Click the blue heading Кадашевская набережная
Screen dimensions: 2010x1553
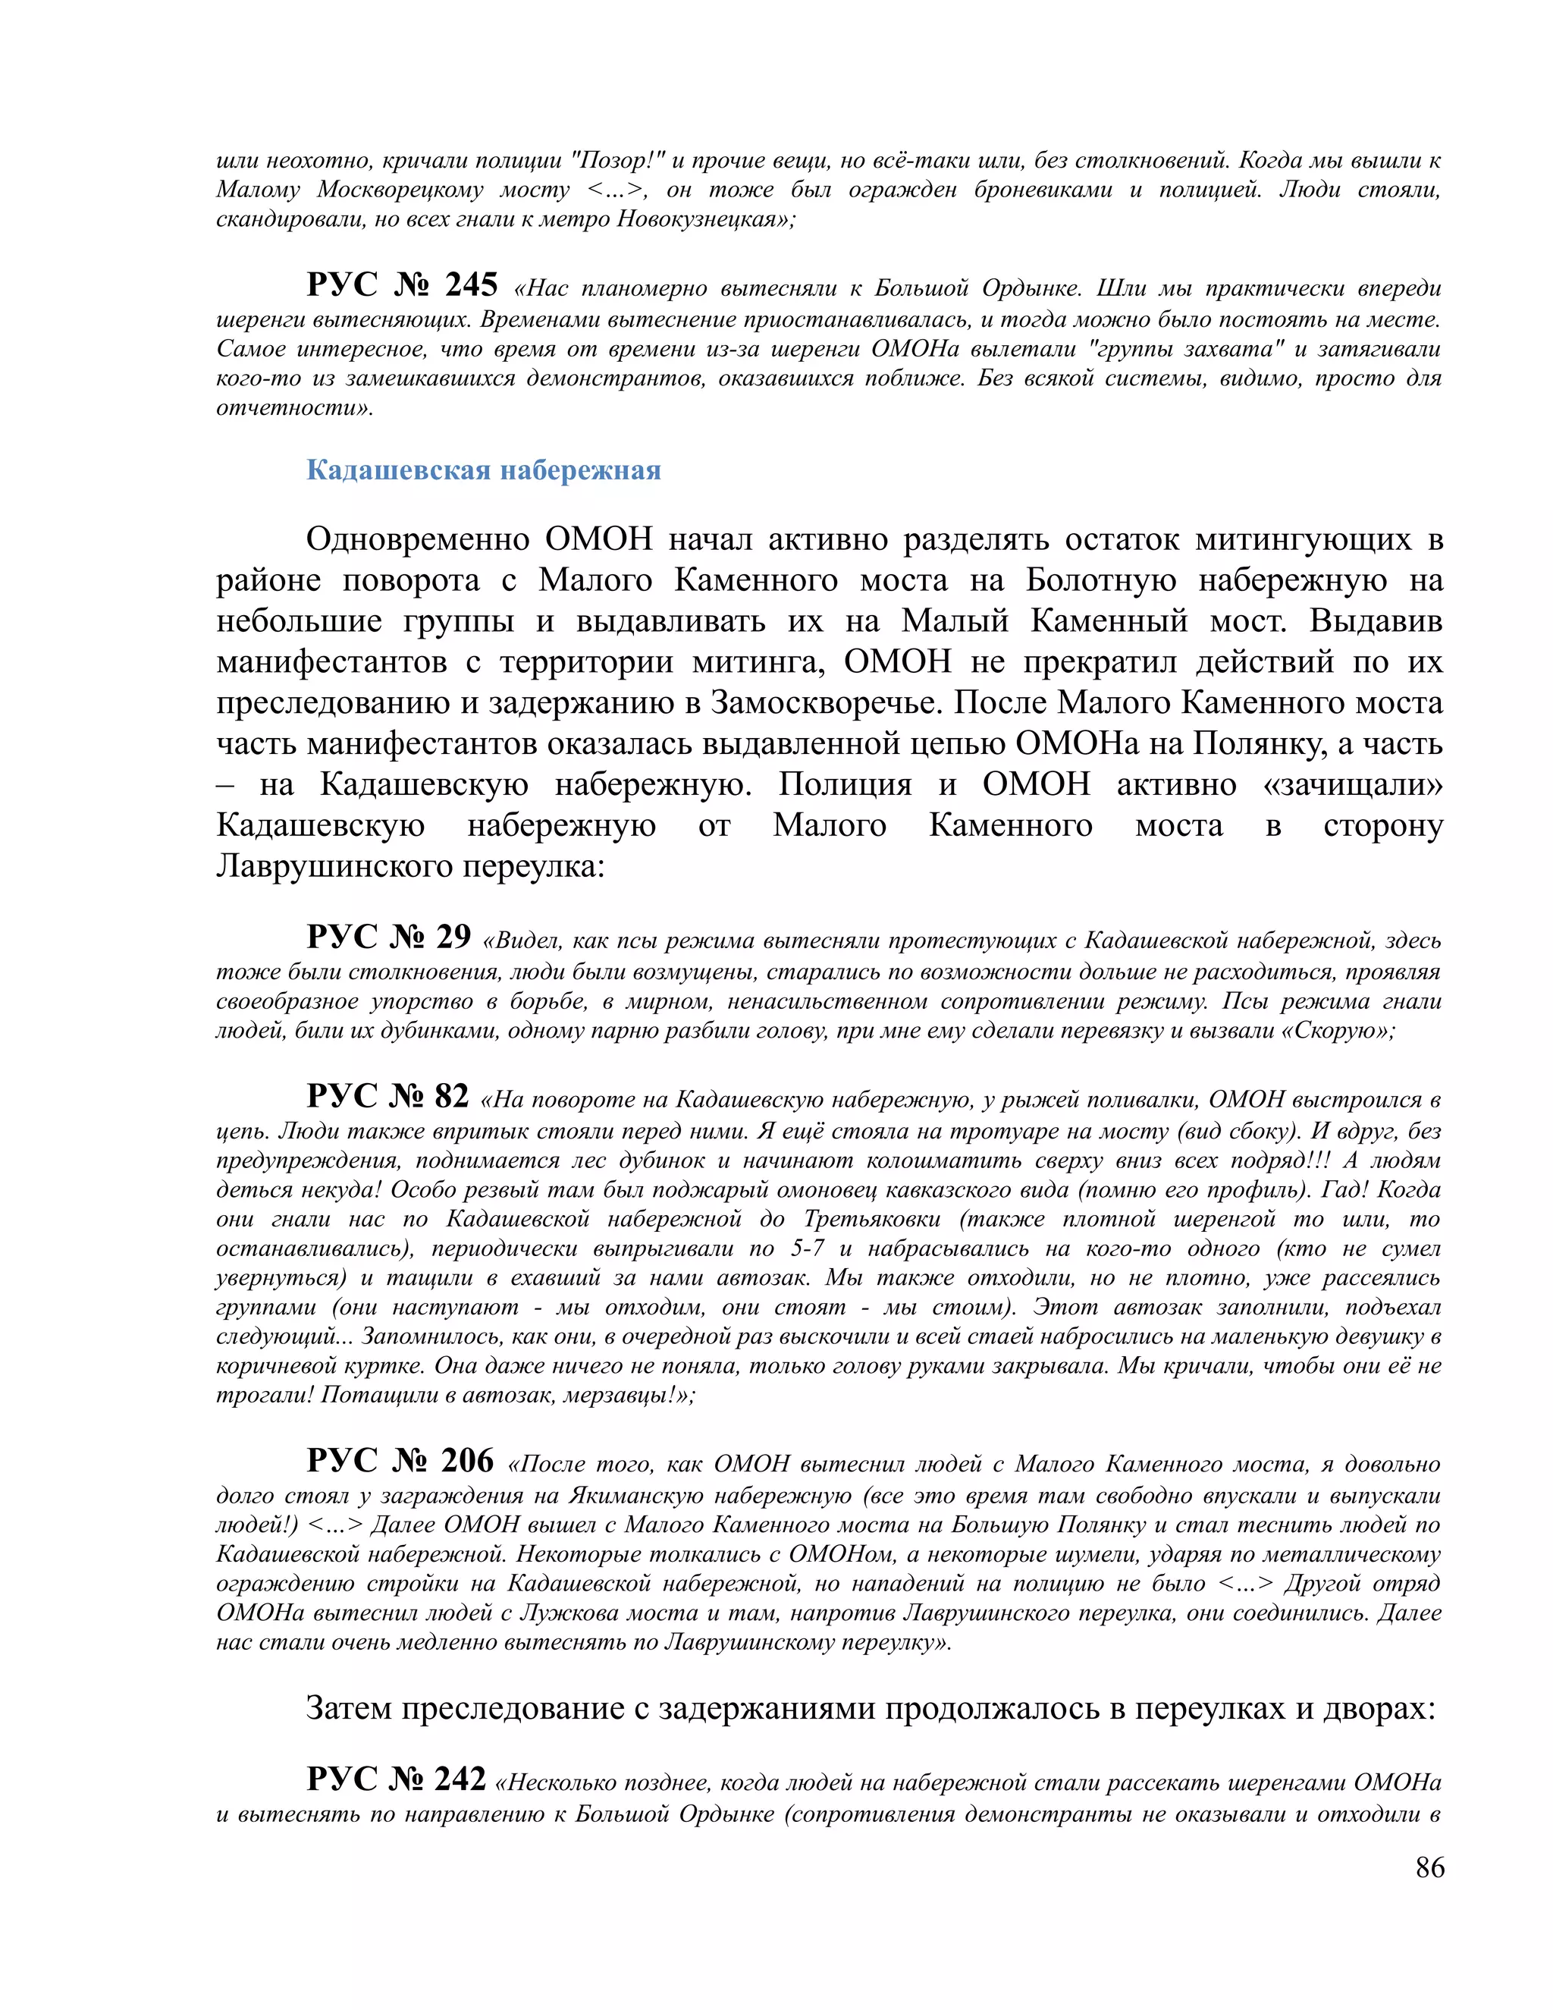click(x=483, y=470)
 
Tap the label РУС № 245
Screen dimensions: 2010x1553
click(x=401, y=285)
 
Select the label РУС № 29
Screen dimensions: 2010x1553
click(x=388, y=937)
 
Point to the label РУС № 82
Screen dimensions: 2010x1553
click(x=387, y=1096)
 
